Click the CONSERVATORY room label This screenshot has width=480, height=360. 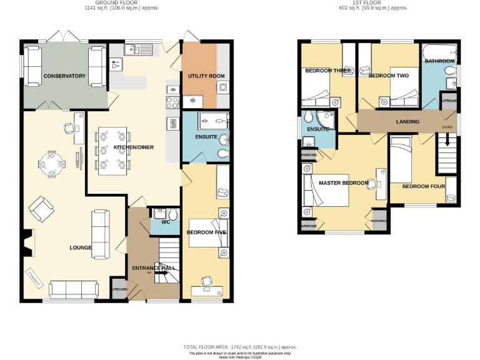(64, 76)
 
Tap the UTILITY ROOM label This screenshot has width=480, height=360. (206, 76)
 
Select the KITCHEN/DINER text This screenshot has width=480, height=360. (134, 147)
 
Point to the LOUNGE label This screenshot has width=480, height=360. (81, 248)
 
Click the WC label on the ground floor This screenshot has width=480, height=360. (166, 222)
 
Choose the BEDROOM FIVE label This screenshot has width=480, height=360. (206, 232)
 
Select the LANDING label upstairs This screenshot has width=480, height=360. (407, 121)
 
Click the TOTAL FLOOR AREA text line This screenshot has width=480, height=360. (240, 346)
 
